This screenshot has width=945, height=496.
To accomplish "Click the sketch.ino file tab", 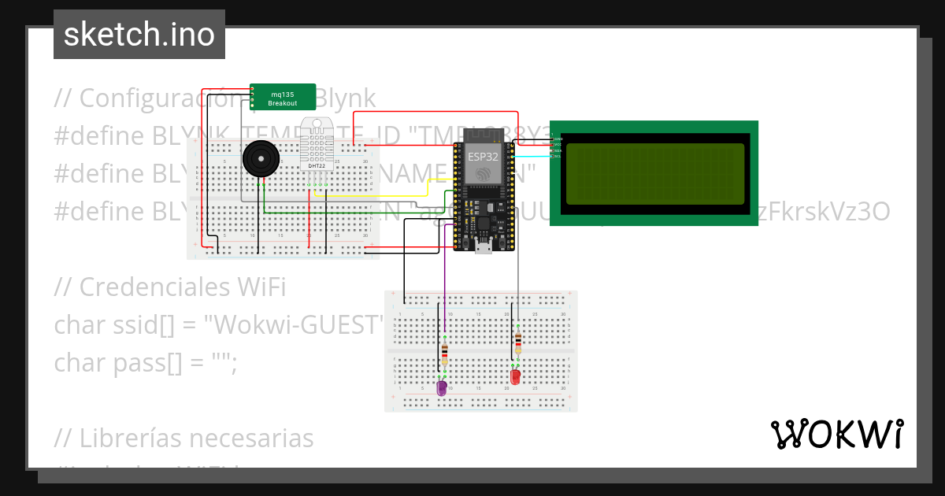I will [x=139, y=35].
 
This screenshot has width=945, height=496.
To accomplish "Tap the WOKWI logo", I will [x=836, y=434].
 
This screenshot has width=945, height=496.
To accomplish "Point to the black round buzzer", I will [x=261, y=160].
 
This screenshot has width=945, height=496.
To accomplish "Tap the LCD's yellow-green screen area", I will [x=654, y=174].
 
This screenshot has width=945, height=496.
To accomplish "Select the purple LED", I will [x=442, y=387].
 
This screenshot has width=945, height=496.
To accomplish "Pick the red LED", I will [x=515, y=376].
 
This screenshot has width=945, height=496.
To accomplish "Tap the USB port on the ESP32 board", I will [x=484, y=248].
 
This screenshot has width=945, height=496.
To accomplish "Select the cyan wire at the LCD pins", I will [x=535, y=156].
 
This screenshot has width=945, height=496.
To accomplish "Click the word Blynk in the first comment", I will [x=346, y=98].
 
